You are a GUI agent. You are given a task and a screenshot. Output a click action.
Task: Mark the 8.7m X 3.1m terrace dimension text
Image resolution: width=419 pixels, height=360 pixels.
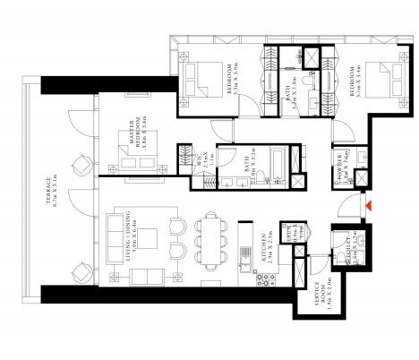[59, 209]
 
